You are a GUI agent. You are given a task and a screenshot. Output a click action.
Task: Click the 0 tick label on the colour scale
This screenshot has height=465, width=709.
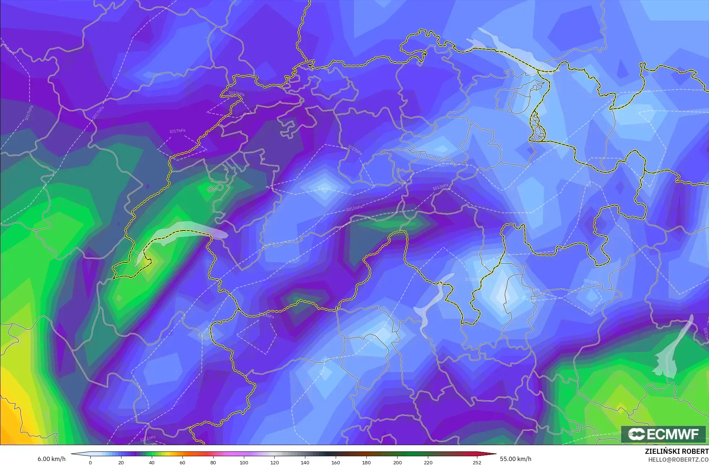(90, 462)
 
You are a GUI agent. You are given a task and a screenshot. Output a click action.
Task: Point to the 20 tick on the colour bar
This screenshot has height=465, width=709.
(121, 462)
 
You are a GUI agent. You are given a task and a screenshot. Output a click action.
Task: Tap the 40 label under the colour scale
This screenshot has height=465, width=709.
(152, 462)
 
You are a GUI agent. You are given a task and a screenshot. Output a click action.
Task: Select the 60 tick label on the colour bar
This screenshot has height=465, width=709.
(182, 462)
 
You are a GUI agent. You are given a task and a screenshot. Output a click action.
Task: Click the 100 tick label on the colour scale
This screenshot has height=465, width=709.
(244, 462)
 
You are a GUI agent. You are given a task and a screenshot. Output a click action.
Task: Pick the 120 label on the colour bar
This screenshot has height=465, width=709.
(275, 462)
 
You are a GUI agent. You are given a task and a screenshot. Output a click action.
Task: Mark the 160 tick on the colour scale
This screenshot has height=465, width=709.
(336, 462)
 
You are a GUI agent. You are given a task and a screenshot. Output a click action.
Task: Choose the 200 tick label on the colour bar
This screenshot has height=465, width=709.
(397, 462)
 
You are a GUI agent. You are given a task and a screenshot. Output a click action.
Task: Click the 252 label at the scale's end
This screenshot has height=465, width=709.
(477, 462)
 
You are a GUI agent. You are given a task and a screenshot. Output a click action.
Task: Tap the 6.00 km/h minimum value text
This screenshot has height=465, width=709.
(52, 459)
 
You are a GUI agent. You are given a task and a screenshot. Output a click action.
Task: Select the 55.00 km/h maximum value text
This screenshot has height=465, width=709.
(515, 459)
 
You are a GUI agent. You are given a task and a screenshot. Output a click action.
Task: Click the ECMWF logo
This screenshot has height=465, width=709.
(663, 434)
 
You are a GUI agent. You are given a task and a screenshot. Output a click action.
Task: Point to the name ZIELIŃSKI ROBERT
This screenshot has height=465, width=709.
(676, 451)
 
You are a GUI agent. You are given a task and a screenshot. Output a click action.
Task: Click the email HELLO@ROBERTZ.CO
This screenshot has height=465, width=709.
(678, 460)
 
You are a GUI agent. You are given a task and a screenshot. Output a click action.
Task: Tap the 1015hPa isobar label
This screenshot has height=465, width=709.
(354, 208)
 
